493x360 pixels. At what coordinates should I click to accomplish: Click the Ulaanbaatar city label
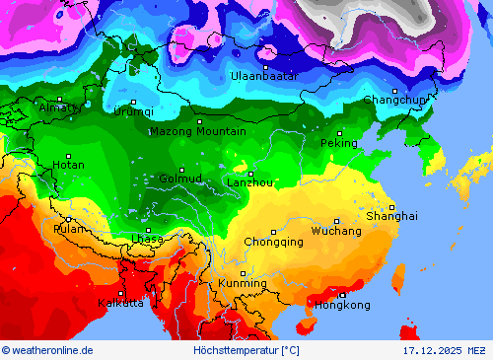[x=264, y=76]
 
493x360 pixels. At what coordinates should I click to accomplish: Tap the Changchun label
[x=395, y=100]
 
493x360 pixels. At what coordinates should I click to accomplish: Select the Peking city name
[x=339, y=143]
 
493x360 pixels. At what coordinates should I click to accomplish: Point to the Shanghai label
[x=391, y=215]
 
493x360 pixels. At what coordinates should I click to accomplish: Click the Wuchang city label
[x=336, y=231]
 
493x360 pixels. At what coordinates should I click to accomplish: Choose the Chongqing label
[x=273, y=242]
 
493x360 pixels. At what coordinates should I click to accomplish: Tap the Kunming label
[x=242, y=283]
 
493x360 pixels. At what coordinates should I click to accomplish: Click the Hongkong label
[x=342, y=305]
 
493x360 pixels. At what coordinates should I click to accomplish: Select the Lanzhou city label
[x=250, y=182]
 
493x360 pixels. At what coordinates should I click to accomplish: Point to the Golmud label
[x=180, y=179]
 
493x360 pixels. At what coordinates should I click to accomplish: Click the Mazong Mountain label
[x=197, y=131]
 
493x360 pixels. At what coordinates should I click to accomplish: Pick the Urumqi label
[x=134, y=111]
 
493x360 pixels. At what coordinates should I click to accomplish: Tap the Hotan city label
[x=68, y=165]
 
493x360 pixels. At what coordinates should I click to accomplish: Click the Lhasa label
[x=147, y=239]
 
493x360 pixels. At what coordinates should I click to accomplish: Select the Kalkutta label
[x=120, y=303]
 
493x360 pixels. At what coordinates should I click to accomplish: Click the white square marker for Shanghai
[x=391, y=207]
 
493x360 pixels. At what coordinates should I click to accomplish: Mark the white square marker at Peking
[x=340, y=133]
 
